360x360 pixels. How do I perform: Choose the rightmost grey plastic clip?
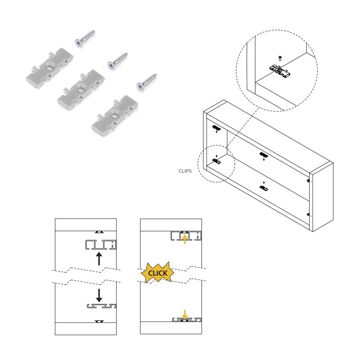coord(114,115)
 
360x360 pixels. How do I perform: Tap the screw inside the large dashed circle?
coord(280,58)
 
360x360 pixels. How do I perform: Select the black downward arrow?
coord(99,295)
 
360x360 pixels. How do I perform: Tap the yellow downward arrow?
coord(184,314)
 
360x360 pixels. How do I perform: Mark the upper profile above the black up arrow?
coord(100,245)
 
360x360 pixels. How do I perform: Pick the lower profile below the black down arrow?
coord(101,306)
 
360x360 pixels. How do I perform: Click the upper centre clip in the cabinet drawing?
coord(263,156)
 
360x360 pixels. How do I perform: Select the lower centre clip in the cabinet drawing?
coord(264,186)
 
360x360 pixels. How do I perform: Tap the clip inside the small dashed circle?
coord(216,160)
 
